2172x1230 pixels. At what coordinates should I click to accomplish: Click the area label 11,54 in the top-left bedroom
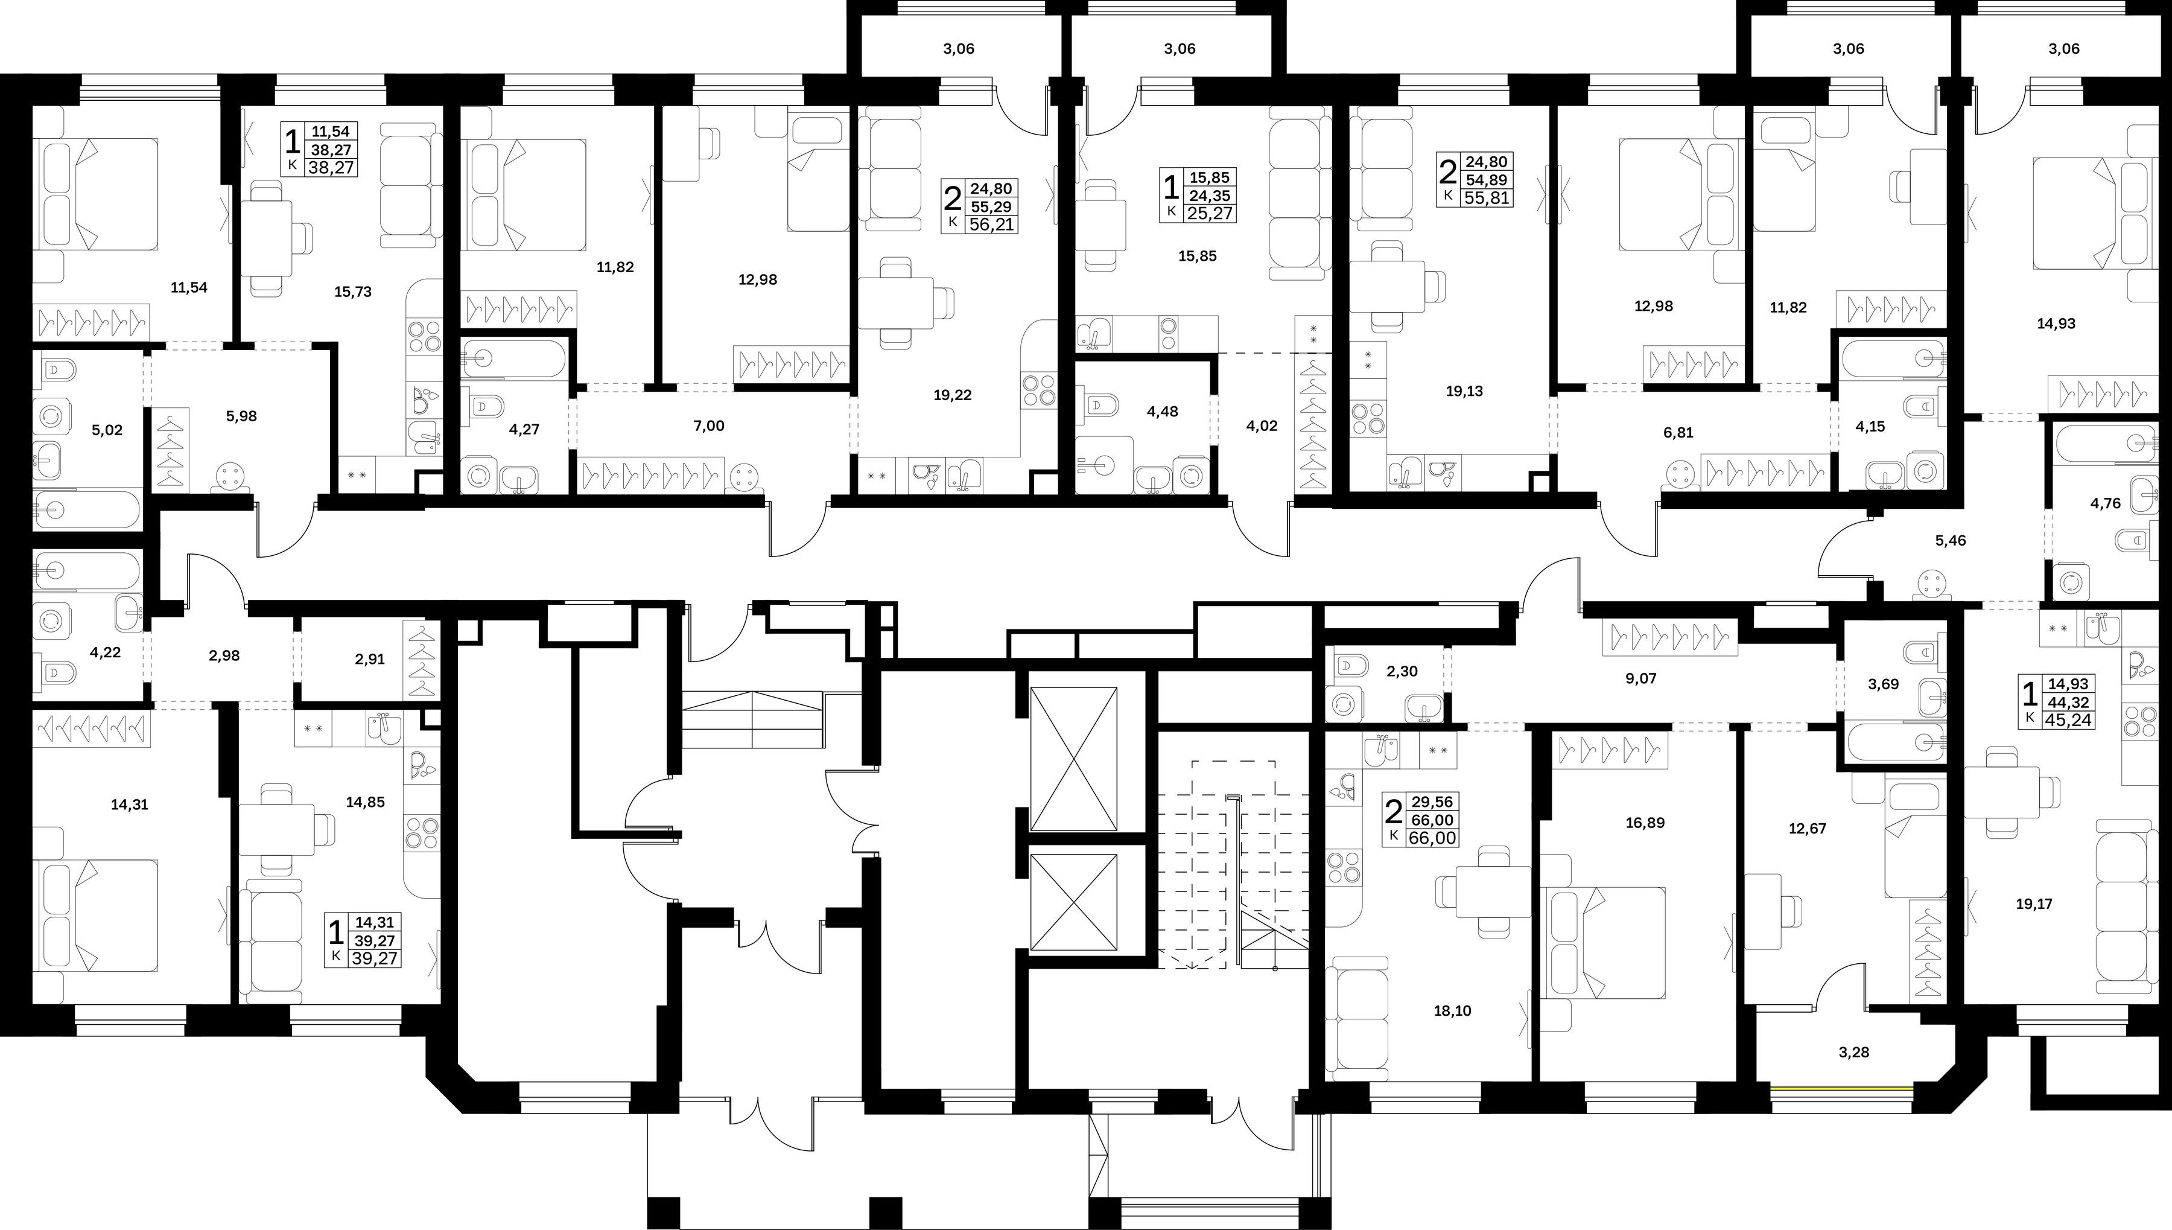pyautogui.click(x=188, y=287)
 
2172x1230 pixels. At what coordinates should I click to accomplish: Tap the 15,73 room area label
pyautogui.click(x=353, y=292)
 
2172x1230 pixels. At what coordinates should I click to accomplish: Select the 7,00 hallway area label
pyautogui.click(x=708, y=425)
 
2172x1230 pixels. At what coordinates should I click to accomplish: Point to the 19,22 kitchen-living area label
pyautogui.click(x=953, y=395)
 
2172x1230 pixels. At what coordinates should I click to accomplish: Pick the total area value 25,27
pyautogui.click(x=1211, y=213)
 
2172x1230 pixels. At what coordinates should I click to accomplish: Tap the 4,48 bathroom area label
pyautogui.click(x=1162, y=412)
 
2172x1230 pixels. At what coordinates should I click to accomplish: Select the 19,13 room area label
pyautogui.click(x=1464, y=391)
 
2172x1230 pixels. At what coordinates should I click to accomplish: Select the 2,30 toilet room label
pyautogui.click(x=1402, y=672)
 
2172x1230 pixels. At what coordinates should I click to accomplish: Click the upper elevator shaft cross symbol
pyautogui.click(x=1074, y=759)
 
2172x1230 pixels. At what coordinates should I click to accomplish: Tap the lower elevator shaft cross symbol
pyautogui.click(x=1074, y=903)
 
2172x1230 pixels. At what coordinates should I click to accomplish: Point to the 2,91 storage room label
pyautogui.click(x=370, y=659)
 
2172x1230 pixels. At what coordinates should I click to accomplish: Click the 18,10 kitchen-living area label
pyautogui.click(x=1452, y=1010)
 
